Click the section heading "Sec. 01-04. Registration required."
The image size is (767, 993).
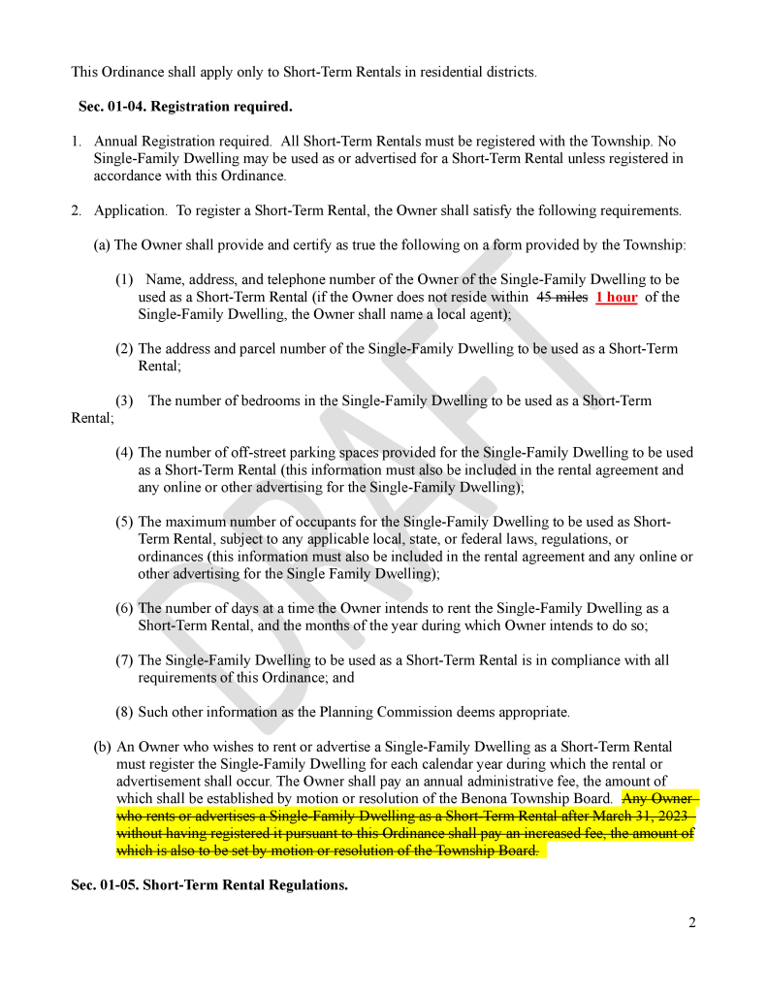pyautogui.click(x=184, y=106)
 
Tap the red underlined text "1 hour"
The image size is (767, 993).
pyautogui.click(x=617, y=298)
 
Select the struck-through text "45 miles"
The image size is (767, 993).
pyautogui.click(x=562, y=298)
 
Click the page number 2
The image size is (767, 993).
pyautogui.click(x=691, y=922)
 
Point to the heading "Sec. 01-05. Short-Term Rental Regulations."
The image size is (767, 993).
pyautogui.click(x=209, y=886)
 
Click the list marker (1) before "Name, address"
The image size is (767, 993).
pyautogui.click(x=124, y=279)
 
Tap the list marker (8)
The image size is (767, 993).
pyautogui.click(x=124, y=712)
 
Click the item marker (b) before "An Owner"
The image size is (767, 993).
pyautogui.click(x=102, y=747)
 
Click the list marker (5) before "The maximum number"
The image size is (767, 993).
pyautogui.click(x=124, y=522)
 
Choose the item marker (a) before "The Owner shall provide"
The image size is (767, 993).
pyautogui.click(x=102, y=245)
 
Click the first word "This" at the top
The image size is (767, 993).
pyautogui.click(x=85, y=72)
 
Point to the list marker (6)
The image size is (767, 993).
pyautogui.click(x=124, y=608)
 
